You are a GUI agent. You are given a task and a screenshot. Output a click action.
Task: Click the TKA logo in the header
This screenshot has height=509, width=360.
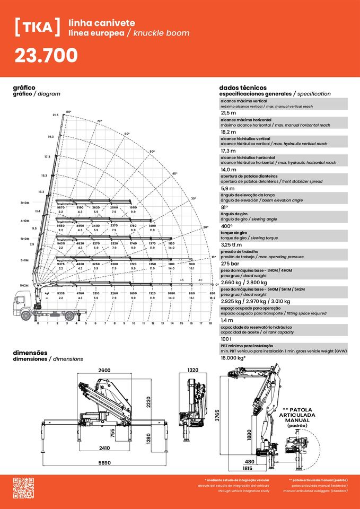(38, 27)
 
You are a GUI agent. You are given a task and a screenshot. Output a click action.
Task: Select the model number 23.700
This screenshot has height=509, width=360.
(46, 55)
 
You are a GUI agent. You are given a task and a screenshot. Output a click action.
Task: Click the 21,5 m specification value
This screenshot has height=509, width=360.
(229, 113)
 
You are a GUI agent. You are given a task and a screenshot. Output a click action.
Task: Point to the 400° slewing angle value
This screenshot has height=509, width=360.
(229, 226)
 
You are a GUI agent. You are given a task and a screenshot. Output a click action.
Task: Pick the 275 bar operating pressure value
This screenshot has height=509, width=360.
(231, 264)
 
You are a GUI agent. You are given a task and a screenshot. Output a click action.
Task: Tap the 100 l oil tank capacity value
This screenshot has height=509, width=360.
(226, 339)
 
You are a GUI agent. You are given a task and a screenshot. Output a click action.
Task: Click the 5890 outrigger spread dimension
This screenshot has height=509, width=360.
(104, 463)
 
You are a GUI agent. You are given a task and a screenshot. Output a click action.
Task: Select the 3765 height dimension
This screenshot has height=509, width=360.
(217, 416)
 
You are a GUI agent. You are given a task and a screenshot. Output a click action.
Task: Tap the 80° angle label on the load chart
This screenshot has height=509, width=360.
(68, 112)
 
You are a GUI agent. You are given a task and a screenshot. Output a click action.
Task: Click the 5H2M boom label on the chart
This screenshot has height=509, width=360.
(24, 285)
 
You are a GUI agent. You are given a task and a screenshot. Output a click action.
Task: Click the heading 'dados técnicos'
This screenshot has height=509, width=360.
(243, 87)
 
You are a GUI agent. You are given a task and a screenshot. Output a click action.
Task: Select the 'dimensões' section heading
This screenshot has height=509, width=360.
(30, 353)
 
